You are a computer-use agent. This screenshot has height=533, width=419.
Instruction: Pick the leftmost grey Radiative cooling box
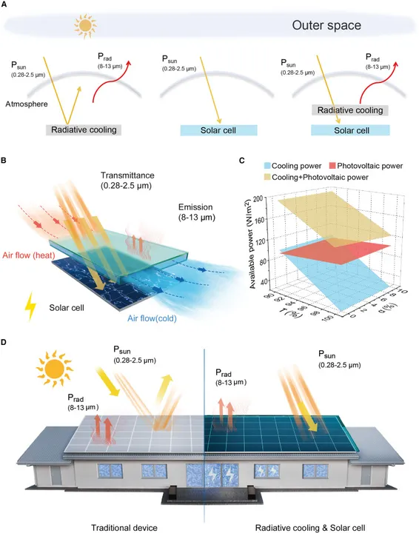[84, 130]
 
